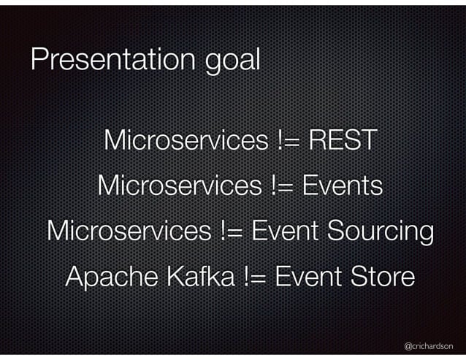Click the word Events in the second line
(x=342, y=185)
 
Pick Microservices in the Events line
(x=178, y=185)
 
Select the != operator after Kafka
(x=255, y=277)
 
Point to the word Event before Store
(x=310, y=277)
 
